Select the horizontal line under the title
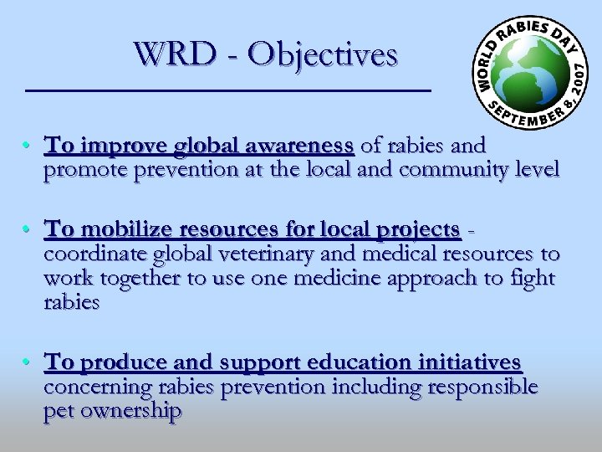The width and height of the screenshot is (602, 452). [228, 89]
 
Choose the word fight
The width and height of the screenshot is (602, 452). [531, 277]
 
